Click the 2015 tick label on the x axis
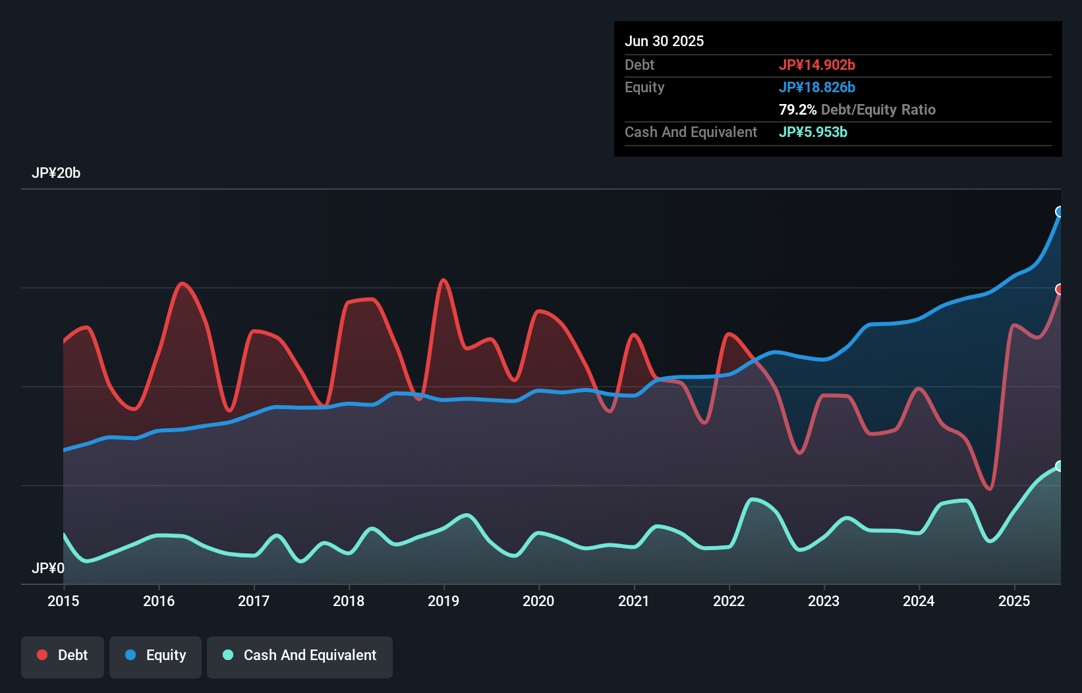[x=63, y=601]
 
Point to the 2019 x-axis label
[x=443, y=601]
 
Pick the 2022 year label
[x=729, y=601]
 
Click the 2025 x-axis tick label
[x=1014, y=601]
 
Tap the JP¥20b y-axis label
[x=56, y=173]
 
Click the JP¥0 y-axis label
[x=48, y=568]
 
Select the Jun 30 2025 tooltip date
[x=664, y=42]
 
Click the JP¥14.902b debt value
[x=817, y=65]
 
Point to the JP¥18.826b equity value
[x=817, y=88]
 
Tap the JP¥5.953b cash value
[x=813, y=132]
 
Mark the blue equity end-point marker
[x=1060, y=211]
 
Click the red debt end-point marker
[x=1060, y=289]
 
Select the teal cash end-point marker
[x=1060, y=466]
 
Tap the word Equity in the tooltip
[x=644, y=88]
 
